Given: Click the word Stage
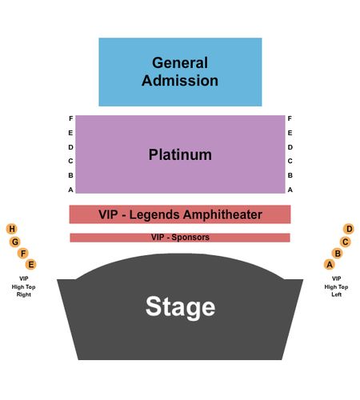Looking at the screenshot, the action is pos(180,307).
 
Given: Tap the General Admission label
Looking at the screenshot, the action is pos(180,72).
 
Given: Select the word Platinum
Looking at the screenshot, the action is pos(180,154).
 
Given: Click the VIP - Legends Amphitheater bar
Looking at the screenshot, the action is pos(180,214).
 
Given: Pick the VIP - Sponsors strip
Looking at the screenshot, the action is pos(180,238).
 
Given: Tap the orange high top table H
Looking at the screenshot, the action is pos(12,229).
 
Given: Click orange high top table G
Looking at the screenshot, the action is pos(15,242).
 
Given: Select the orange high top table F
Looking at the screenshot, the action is pos(23,253).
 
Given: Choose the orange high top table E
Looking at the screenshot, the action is pos(31,265).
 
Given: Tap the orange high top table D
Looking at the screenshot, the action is pos(349,229).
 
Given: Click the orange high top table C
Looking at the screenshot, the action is pos(346,242).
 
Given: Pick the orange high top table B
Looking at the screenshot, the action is pos(338,253).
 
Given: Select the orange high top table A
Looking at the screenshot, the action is pos(330,265).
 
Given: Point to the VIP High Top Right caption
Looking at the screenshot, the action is pos(24,286).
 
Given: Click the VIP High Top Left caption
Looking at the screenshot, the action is pos(336,286).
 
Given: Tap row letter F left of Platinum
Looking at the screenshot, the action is pos(70,118).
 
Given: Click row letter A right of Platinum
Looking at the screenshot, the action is pos(290,190).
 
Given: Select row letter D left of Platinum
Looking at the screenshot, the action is pos(70,147).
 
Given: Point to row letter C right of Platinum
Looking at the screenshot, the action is pos(290,161).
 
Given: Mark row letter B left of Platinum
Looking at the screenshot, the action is pos(70,175).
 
